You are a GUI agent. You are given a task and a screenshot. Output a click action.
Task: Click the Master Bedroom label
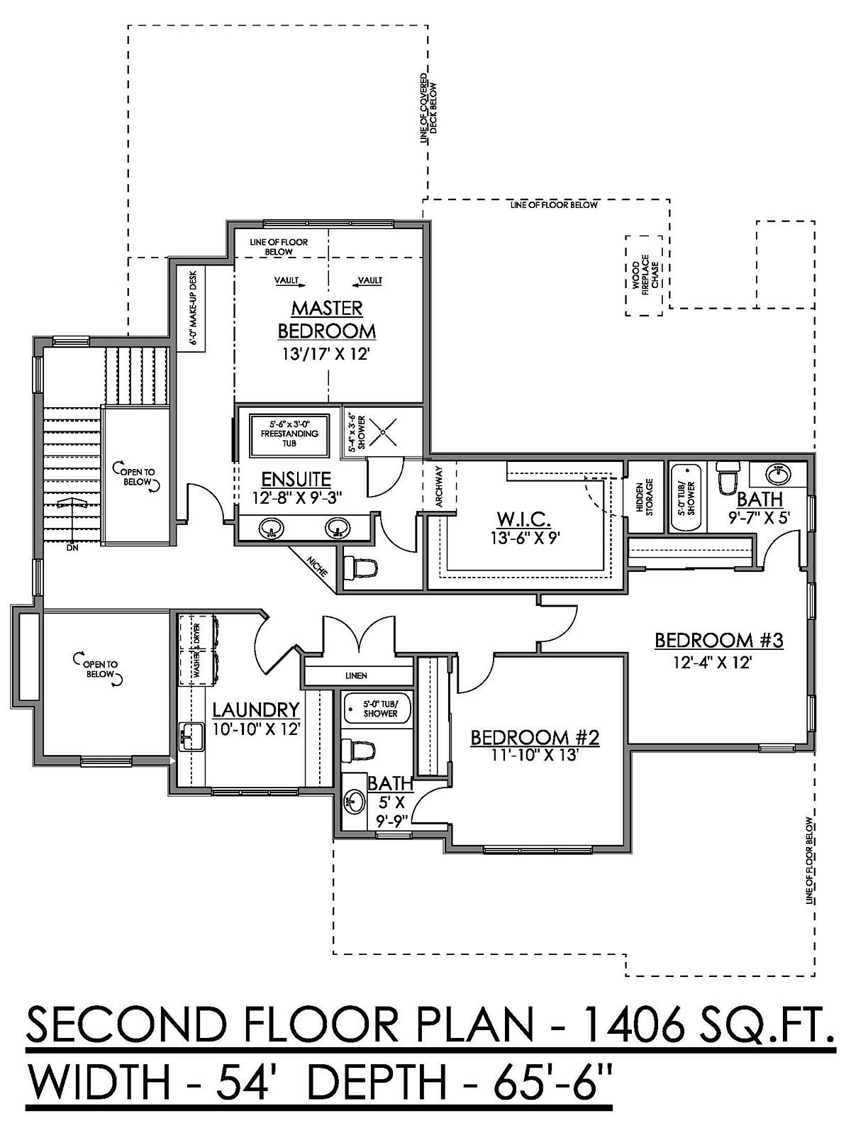327,320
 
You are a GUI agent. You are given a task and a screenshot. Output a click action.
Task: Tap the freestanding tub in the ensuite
289,436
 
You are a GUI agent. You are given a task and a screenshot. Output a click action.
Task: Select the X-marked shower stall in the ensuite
383,432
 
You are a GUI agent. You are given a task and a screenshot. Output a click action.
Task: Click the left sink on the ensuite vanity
271,528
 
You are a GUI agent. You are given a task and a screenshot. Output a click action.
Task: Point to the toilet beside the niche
361,568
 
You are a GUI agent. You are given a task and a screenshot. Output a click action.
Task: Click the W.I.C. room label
524,520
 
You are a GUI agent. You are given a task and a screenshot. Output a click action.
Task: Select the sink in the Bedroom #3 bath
778,475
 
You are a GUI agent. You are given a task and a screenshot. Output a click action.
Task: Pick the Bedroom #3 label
719,640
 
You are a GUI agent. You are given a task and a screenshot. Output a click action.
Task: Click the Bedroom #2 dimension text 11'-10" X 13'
535,755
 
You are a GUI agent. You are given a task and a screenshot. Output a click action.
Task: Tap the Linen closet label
356,675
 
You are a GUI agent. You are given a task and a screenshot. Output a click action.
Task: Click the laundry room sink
191,737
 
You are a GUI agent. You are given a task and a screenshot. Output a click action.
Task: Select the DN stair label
72,548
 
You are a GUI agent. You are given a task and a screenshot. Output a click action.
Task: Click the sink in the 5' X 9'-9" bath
355,803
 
